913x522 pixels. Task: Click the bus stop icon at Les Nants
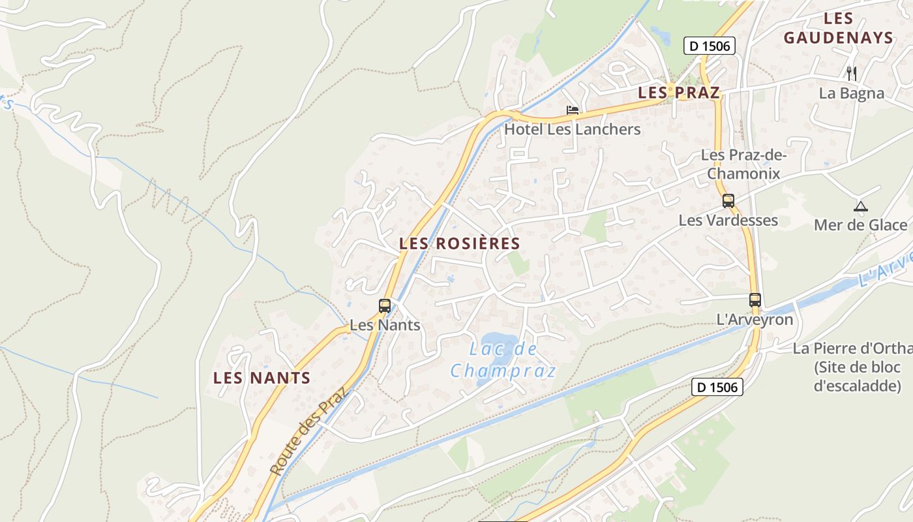click(x=385, y=305)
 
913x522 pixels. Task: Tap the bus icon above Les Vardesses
click(x=728, y=201)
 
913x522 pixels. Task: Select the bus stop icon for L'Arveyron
click(x=755, y=300)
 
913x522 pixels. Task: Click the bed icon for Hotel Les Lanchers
click(x=573, y=110)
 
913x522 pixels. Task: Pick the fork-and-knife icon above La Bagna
click(x=851, y=73)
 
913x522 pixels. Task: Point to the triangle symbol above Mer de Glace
click(x=860, y=207)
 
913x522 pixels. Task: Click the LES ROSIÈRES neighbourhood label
click(x=460, y=244)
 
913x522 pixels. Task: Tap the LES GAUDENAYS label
click(x=838, y=29)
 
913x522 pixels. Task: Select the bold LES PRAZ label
click(x=679, y=93)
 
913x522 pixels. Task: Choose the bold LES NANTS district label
click(x=262, y=378)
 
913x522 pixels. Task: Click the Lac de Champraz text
click(x=504, y=360)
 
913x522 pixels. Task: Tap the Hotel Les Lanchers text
click(x=573, y=129)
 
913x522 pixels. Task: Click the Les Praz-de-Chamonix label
click(x=743, y=164)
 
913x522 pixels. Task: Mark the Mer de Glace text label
click(x=860, y=225)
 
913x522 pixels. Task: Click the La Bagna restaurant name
click(x=852, y=93)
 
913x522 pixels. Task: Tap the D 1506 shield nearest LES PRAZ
click(x=710, y=46)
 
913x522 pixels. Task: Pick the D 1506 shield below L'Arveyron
click(x=717, y=387)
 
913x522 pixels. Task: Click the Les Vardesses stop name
click(x=728, y=220)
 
